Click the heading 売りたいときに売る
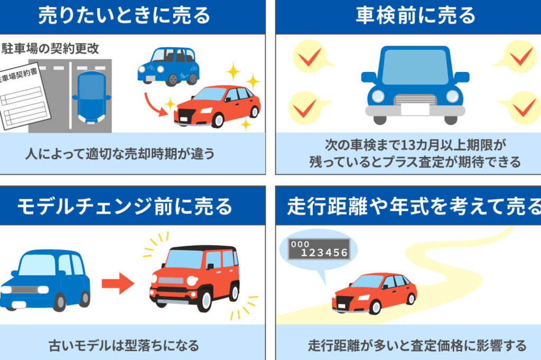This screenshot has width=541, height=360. (124, 16)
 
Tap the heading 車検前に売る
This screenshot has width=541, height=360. (415, 16)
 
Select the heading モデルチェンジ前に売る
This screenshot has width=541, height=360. (125, 206)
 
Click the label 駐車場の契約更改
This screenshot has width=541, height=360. (51, 49)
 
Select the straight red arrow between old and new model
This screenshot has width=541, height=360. (117, 284)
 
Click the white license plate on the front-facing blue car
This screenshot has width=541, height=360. (415, 109)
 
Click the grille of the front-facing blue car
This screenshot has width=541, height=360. (415, 99)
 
